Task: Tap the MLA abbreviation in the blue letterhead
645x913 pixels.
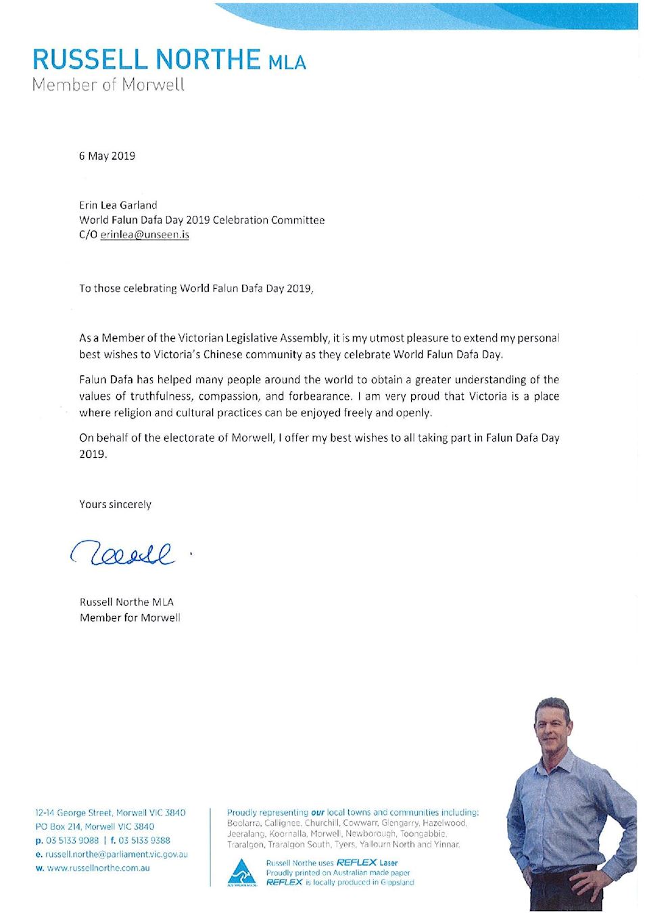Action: click(287, 63)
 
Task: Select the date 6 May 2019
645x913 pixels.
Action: click(107, 156)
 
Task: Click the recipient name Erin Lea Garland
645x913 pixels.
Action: click(118, 205)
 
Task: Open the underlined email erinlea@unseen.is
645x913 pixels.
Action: click(145, 235)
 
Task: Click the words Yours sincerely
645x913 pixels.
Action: click(116, 505)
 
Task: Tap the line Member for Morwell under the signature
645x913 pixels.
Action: click(130, 617)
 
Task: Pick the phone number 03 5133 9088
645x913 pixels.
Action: click(72, 841)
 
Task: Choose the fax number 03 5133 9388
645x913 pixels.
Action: click(144, 841)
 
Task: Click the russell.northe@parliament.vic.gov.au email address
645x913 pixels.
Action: click(116, 854)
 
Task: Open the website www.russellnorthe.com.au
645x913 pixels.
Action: click(99, 868)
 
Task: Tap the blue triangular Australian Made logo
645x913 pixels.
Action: click(241, 871)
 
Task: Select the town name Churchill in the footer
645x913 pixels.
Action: click(321, 823)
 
